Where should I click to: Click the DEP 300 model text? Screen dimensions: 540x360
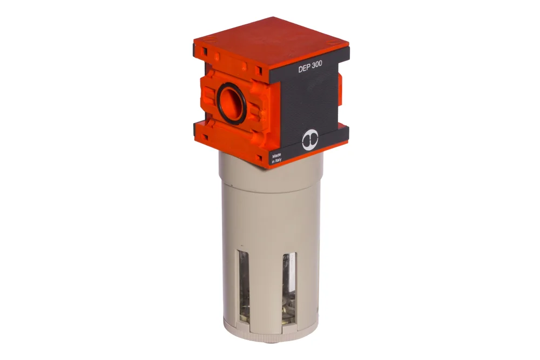(x=310, y=68)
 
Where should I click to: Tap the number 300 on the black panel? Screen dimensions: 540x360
(x=316, y=67)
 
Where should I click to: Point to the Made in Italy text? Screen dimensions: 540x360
(x=276, y=158)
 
